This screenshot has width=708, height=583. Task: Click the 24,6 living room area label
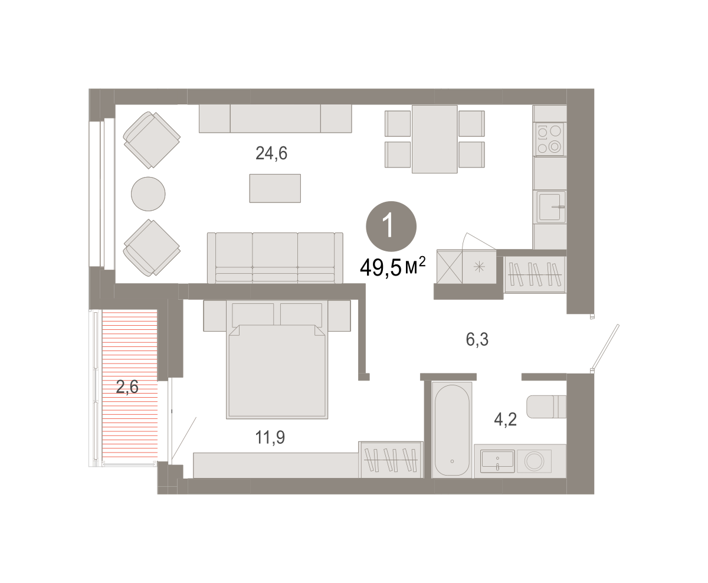[x=271, y=153]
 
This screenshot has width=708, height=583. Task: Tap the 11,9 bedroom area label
[x=270, y=437]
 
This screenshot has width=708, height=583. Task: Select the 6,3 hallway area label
[x=477, y=339]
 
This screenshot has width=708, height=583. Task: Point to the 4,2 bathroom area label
[x=505, y=420]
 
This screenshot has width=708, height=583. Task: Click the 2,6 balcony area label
[x=127, y=387]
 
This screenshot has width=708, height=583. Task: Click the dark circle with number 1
[x=391, y=227]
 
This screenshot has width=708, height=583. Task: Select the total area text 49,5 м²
[x=393, y=267]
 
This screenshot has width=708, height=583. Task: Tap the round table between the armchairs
[x=148, y=194]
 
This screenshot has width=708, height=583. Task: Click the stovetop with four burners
[x=549, y=139]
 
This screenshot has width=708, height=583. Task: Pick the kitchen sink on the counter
[x=551, y=207]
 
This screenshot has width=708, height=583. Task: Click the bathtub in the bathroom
[x=452, y=430]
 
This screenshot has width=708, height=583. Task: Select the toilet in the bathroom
[x=546, y=407]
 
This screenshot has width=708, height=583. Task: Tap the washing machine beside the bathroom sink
[x=534, y=461]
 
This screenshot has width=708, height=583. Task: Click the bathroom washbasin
[x=497, y=461]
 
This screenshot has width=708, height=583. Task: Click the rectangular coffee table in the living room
[x=275, y=188]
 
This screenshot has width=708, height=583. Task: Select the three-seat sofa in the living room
[x=275, y=258]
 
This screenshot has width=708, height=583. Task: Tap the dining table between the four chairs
[x=435, y=139]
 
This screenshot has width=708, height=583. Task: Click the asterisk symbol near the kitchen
[x=479, y=267]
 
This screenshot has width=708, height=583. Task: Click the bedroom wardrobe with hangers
[x=391, y=460]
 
